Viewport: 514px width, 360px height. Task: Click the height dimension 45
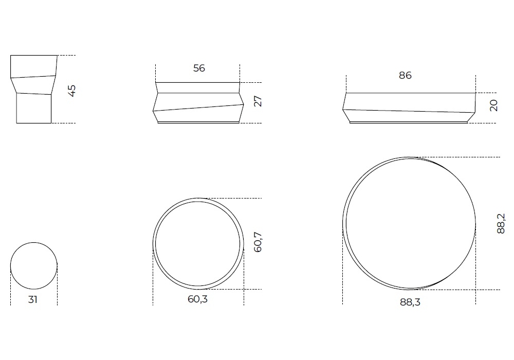click(x=72, y=91)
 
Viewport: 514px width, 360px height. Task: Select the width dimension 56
click(x=199, y=68)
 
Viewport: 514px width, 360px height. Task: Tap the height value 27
click(x=258, y=101)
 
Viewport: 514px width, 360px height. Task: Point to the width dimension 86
click(x=405, y=76)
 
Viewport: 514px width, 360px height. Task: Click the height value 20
click(x=493, y=105)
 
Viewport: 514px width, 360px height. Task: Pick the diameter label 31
click(x=32, y=300)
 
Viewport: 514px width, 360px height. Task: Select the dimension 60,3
click(x=198, y=299)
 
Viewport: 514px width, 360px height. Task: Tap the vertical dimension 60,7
click(x=258, y=242)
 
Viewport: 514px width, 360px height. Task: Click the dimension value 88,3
click(x=410, y=302)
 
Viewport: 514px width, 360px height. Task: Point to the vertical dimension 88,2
click(x=501, y=224)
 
